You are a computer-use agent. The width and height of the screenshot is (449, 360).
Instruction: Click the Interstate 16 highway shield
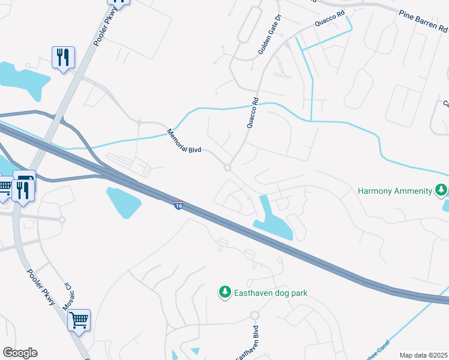(179, 206)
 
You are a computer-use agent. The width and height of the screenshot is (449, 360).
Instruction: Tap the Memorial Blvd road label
(184, 142)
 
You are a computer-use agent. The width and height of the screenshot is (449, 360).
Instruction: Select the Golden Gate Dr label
(270, 35)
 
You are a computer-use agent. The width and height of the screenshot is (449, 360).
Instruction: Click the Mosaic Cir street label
(67, 296)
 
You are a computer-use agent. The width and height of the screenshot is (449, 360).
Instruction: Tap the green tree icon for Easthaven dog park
(224, 292)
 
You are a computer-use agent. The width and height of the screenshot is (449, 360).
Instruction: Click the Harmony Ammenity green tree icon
(441, 190)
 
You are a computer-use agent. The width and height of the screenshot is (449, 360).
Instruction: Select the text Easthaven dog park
(271, 293)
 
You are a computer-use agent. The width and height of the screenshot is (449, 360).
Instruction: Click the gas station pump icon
(25, 180)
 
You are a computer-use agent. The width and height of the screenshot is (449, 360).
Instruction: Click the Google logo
(19, 353)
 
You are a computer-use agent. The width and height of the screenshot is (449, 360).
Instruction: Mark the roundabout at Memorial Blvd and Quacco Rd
(228, 168)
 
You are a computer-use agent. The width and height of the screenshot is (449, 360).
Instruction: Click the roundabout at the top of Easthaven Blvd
(254, 316)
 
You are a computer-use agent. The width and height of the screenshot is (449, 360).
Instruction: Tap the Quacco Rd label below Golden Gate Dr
(252, 113)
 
